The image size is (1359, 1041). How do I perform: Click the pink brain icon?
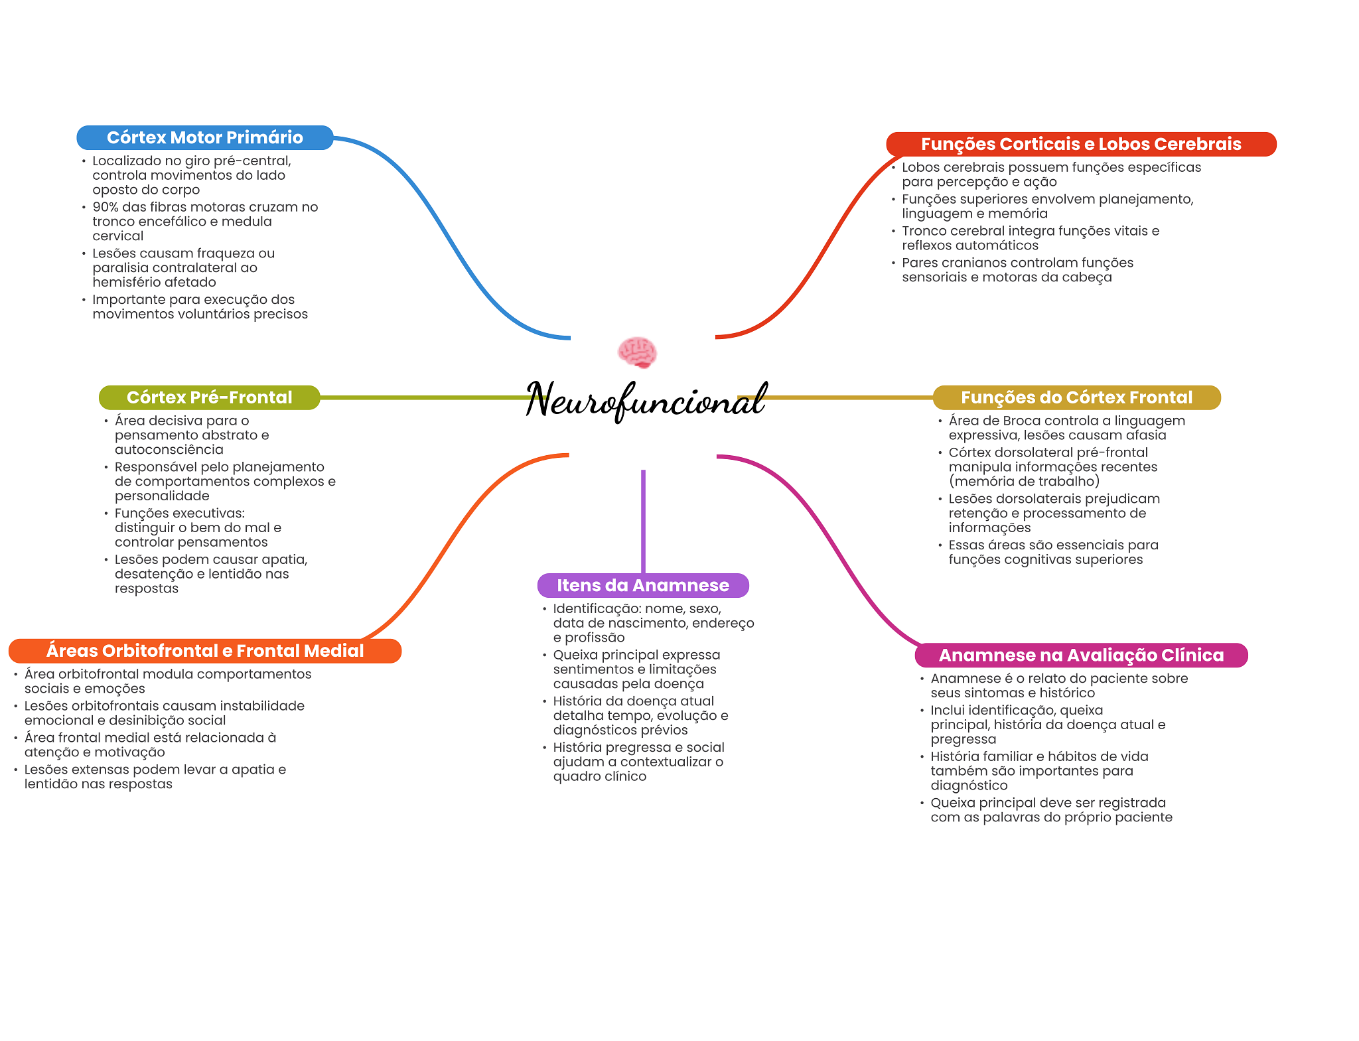[x=637, y=352]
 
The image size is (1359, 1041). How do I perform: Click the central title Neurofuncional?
[x=646, y=399]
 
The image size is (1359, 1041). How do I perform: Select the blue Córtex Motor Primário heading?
[x=204, y=137]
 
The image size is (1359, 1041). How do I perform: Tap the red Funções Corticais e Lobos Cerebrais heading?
[x=1080, y=144]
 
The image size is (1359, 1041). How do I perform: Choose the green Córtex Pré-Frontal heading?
[x=209, y=397]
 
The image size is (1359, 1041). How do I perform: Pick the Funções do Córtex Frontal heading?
[x=1076, y=397]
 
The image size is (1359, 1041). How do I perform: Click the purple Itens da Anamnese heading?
[x=642, y=585]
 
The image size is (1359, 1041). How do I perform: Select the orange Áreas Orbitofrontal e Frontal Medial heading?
[x=204, y=651]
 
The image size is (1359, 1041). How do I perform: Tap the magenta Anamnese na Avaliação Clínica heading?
[x=1080, y=655]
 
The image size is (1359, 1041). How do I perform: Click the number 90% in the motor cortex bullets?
[x=106, y=207]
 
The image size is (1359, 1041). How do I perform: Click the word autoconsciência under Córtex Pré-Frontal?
[x=169, y=449]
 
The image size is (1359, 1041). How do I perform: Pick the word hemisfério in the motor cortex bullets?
[x=127, y=282]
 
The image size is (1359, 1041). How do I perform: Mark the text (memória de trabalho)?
[x=1024, y=481]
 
